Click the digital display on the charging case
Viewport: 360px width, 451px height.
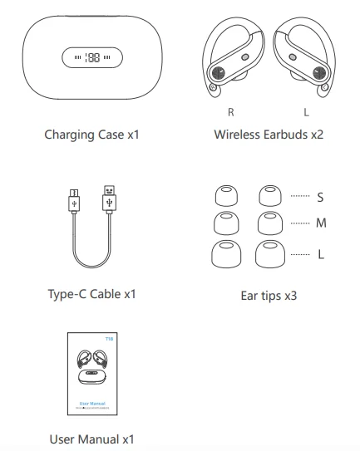[x=91, y=58]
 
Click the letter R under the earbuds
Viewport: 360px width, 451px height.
[x=230, y=111]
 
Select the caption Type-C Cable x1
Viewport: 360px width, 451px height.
[x=91, y=294]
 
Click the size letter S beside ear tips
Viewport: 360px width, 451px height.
[x=320, y=198]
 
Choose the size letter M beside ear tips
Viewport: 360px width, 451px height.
[x=320, y=224]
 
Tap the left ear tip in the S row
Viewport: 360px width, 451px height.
[x=224, y=197]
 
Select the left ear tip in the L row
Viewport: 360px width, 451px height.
[x=224, y=253]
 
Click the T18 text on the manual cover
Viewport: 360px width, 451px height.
[x=109, y=339]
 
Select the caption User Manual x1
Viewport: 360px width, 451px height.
[x=91, y=439]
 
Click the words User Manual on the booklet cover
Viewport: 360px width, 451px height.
[x=91, y=402]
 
